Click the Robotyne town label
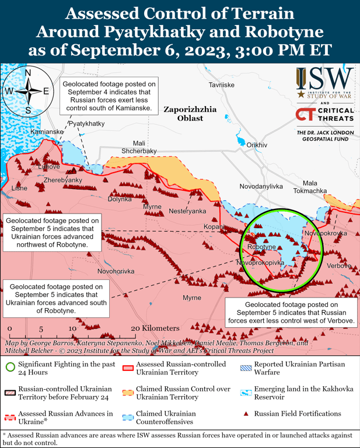click(x=261, y=247)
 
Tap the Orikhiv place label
click(x=257, y=145)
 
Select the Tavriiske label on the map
click(x=221, y=85)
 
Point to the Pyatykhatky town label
click(x=87, y=124)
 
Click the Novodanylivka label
click(x=261, y=186)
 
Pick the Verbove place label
click(x=339, y=266)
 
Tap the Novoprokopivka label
click(x=260, y=263)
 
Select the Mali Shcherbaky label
click(x=139, y=147)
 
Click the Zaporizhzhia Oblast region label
click(x=190, y=113)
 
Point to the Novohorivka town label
click(x=116, y=271)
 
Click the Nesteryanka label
click(x=187, y=211)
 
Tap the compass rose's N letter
click(x=27, y=73)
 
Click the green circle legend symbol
click(x=9, y=368)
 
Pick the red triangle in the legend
click(x=246, y=414)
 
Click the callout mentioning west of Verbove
click(x=291, y=313)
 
